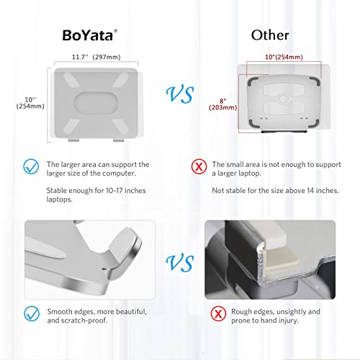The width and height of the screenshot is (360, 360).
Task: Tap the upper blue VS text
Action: tap(180, 94)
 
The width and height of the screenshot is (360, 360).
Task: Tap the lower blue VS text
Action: tap(180, 261)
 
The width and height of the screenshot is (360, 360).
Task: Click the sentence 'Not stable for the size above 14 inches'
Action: tap(274, 190)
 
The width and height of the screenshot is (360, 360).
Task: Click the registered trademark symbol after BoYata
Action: tap(125, 29)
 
